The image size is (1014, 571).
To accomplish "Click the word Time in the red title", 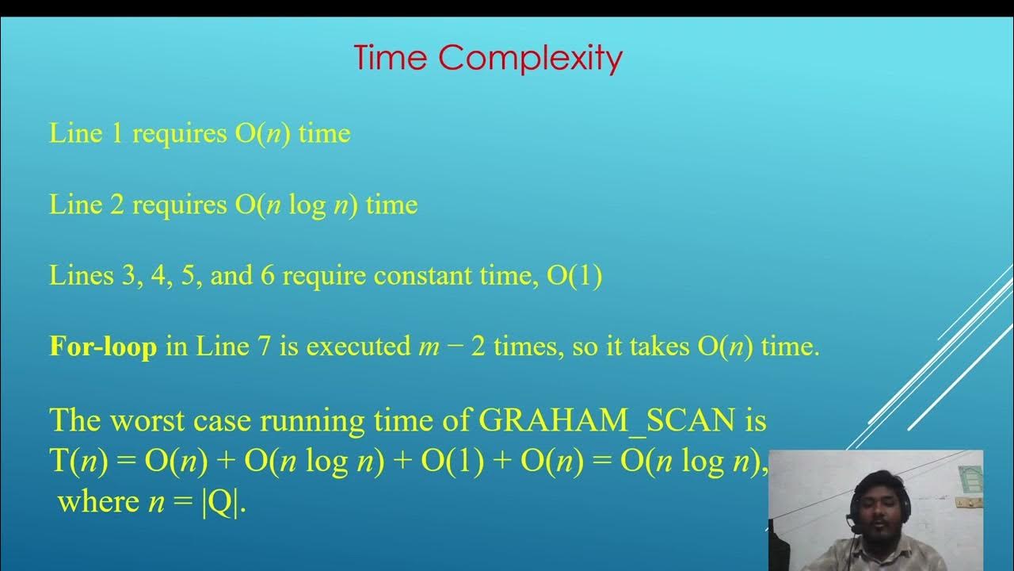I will pos(391,59).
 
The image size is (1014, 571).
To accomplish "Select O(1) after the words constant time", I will pos(574,276).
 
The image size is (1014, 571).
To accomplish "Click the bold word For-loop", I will pos(103,347).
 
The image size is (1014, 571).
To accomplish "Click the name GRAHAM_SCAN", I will pos(607,420).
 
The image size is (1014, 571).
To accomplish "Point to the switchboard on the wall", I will pos(968,503).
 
